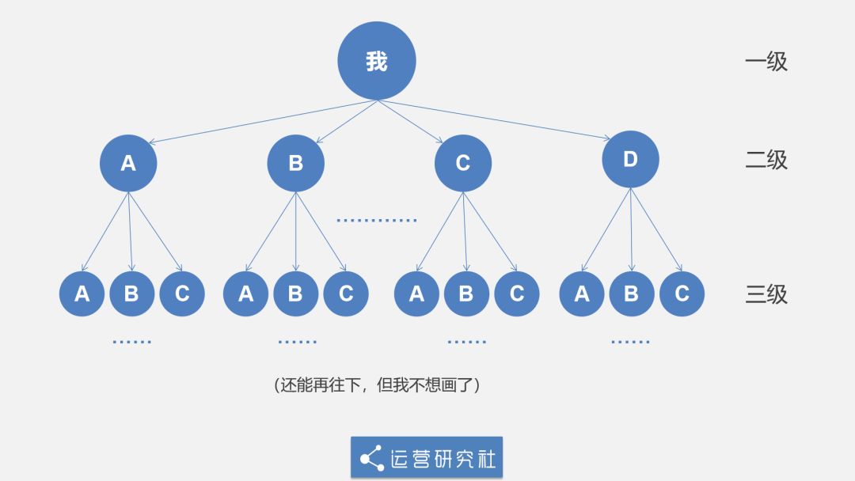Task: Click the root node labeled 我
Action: (x=377, y=61)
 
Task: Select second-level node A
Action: (x=128, y=163)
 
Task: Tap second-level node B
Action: (x=295, y=163)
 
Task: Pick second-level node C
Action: (x=463, y=163)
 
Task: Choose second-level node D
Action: (x=630, y=159)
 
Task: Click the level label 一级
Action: (x=766, y=62)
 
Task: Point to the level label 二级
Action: (x=766, y=160)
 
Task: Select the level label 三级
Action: (x=766, y=294)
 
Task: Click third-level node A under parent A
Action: (x=82, y=294)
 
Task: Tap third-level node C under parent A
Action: (x=182, y=294)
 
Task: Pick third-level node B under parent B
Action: (x=295, y=294)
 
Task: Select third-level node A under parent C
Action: (x=416, y=294)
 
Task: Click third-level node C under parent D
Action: (x=682, y=294)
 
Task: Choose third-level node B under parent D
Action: (x=631, y=294)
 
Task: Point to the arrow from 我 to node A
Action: (x=261, y=122)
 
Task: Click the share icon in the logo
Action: (x=371, y=457)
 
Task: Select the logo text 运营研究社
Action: (x=443, y=457)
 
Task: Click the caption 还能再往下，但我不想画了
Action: (x=377, y=385)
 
